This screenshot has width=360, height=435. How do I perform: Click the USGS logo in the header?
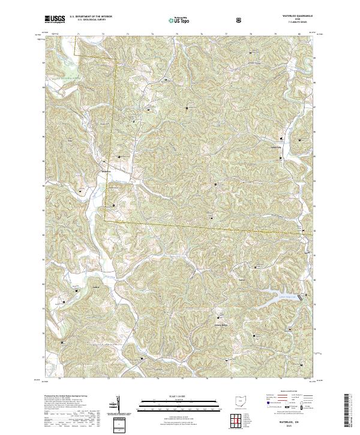(x=55, y=19)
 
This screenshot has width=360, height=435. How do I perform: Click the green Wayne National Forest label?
(x=67, y=79)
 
